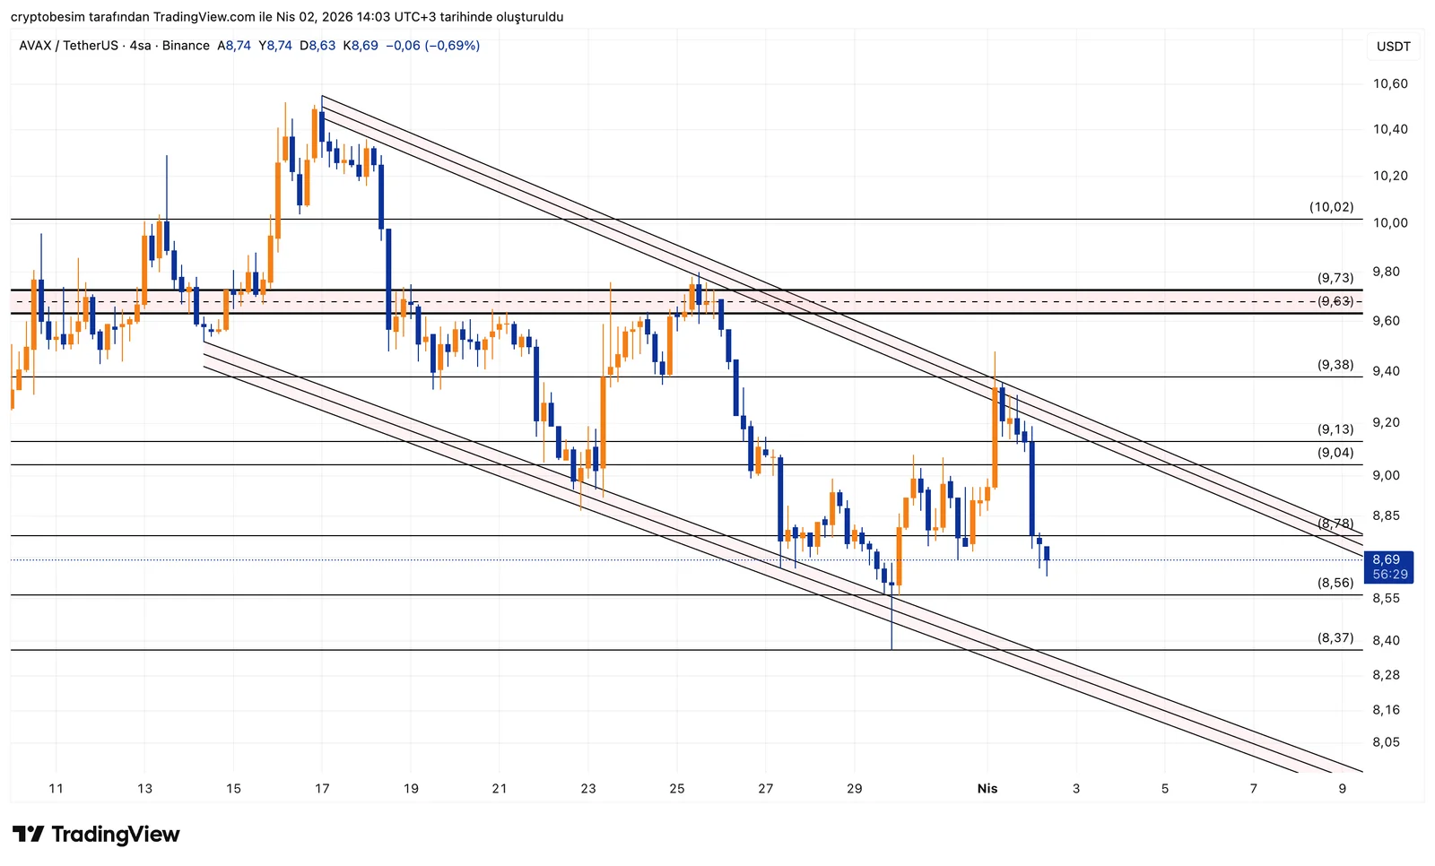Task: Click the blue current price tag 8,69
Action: (x=1387, y=560)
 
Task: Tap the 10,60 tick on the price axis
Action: (x=1390, y=84)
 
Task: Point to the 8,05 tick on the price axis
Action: (x=1386, y=742)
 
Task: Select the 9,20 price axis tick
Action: (x=1390, y=423)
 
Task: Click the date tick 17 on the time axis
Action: (x=322, y=789)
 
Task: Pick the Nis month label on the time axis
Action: (x=987, y=789)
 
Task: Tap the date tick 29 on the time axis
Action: (x=854, y=789)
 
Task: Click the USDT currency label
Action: (x=1393, y=47)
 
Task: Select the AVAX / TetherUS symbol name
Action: (x=70, y=46)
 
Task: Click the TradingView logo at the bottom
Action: (x=96, y=835)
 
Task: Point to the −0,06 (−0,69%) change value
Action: (x=432, y=46)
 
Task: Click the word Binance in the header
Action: (x=186, y=46)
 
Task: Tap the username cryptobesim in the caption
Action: (x=46, y=17)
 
